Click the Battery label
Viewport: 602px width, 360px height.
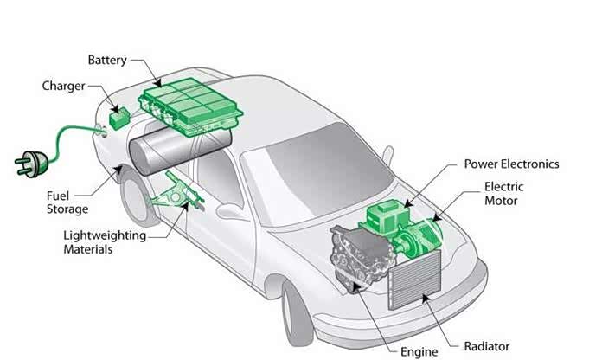[x=107, y=60]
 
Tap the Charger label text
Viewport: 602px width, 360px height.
[x=63, y=86]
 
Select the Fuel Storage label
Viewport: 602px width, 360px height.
[x=67, y=202]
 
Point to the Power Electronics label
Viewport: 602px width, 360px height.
[x=511, y=164]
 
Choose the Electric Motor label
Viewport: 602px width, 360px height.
[x=503, y=193]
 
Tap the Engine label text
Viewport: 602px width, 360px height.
[x=419, y=351]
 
